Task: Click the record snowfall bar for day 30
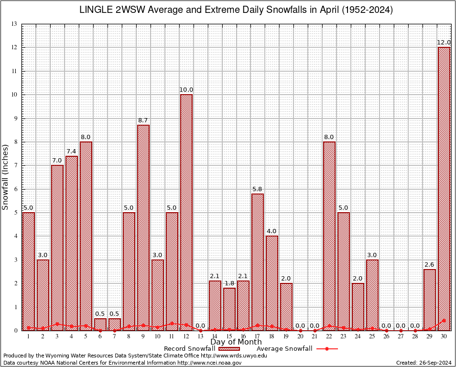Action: click(x=444, y=189)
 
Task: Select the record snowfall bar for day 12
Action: click(x=186, y=212)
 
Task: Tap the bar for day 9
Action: click(x=143, y=227)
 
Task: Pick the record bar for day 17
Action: click(x=258, y=262)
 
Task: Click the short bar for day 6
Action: click(x=100, y=324)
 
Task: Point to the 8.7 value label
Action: click(x=143, y=120)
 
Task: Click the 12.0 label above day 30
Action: click(x=444, y=43)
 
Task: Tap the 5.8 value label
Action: click(x=258, y=189)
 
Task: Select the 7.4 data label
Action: click(x=72, y=151)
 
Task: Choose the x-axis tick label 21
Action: click(x=315, y=337)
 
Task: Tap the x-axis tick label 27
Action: click(x=401, y=337)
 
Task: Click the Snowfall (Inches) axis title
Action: click(x=6, y=177)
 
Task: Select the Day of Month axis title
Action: click(x=236, y=342)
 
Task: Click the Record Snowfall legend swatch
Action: click(x=229, y=349)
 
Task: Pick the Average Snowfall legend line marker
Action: click(x=327, y=349)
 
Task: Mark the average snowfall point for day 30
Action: click(x=444, y=321)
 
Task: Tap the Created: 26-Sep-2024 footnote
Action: click(x=423, y=363)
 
